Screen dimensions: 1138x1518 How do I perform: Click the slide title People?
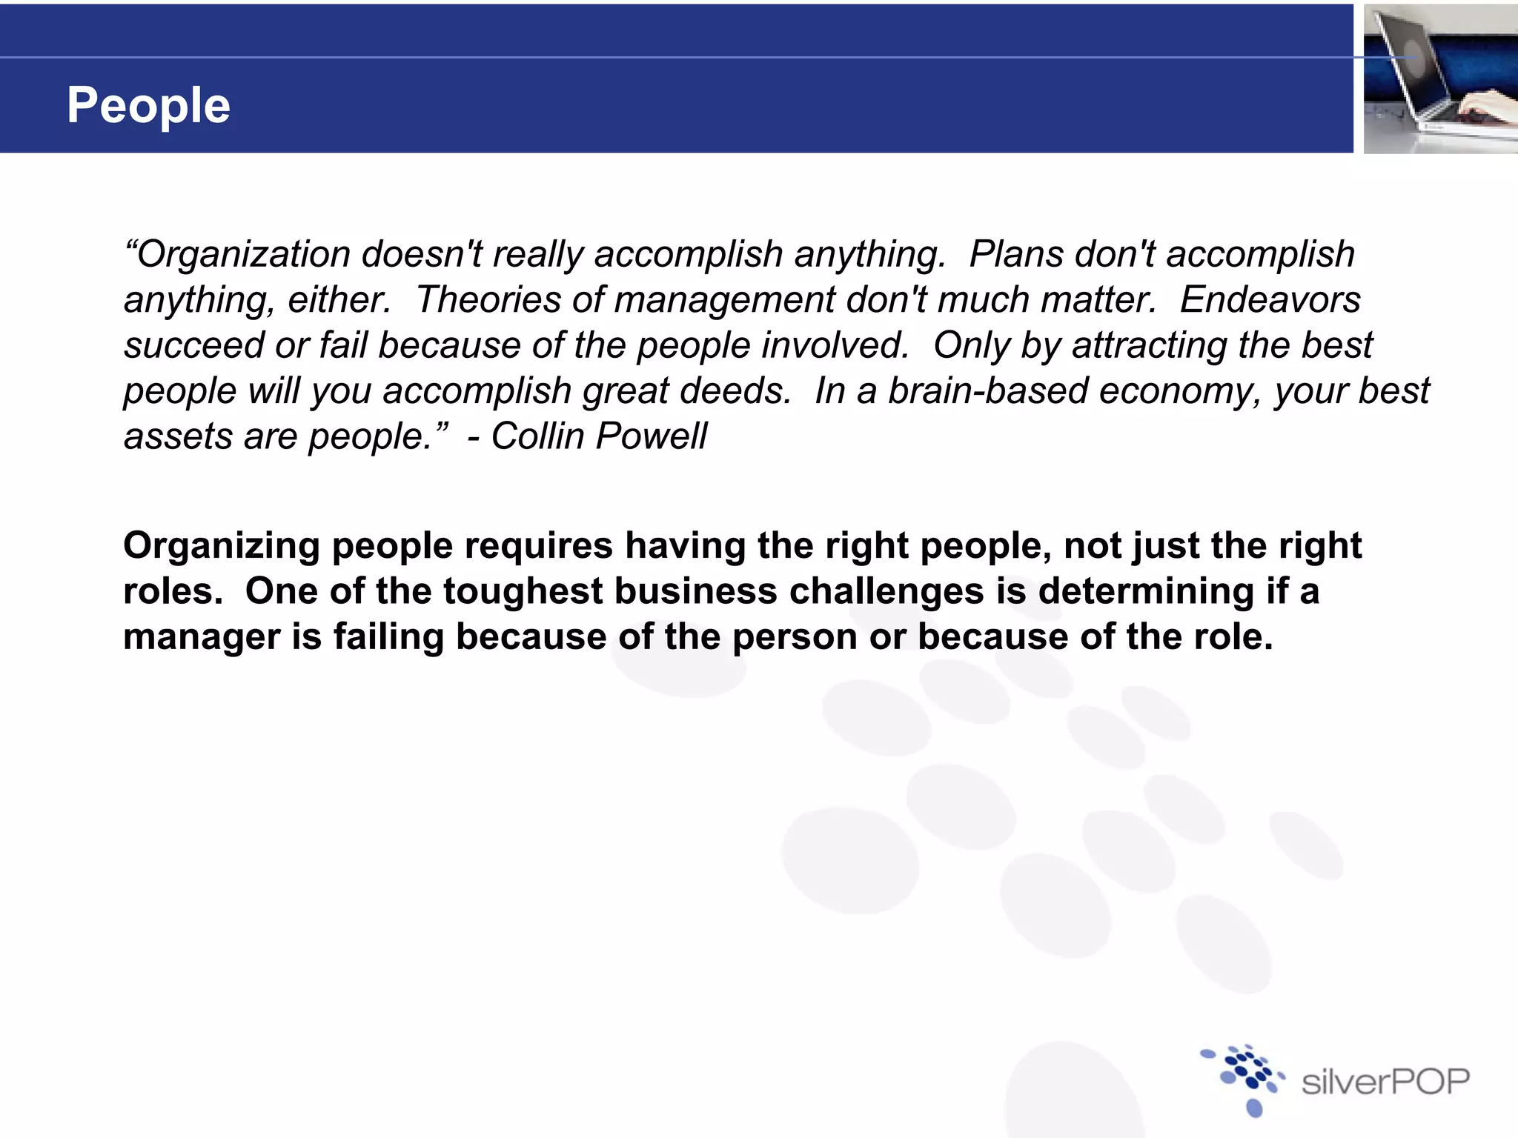pyautogui.click(x=148, y=105)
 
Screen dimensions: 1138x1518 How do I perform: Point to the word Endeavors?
pyautogui.click(x=1270, y=300)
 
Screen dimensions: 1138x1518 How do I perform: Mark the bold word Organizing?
pyautogui.click(x=221, y=547)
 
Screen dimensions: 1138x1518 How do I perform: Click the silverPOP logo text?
pyautogui.click(x=1385, y=1082)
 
